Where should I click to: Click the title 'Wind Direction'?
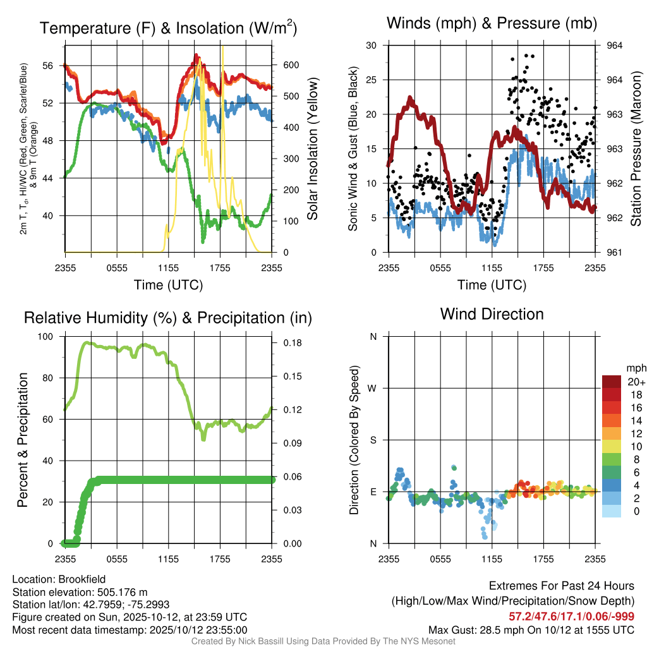point(492,314)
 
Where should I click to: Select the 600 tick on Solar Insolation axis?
point(290,65)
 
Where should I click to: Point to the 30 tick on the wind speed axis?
point(372,45)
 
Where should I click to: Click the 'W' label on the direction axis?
point(373,388)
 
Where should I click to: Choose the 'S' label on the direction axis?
point(373,440)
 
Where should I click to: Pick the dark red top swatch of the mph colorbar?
point(611,382)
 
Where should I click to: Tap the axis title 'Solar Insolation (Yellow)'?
point(313,149)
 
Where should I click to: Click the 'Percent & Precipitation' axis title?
point(23,440)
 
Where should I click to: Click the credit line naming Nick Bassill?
point(323,641)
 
